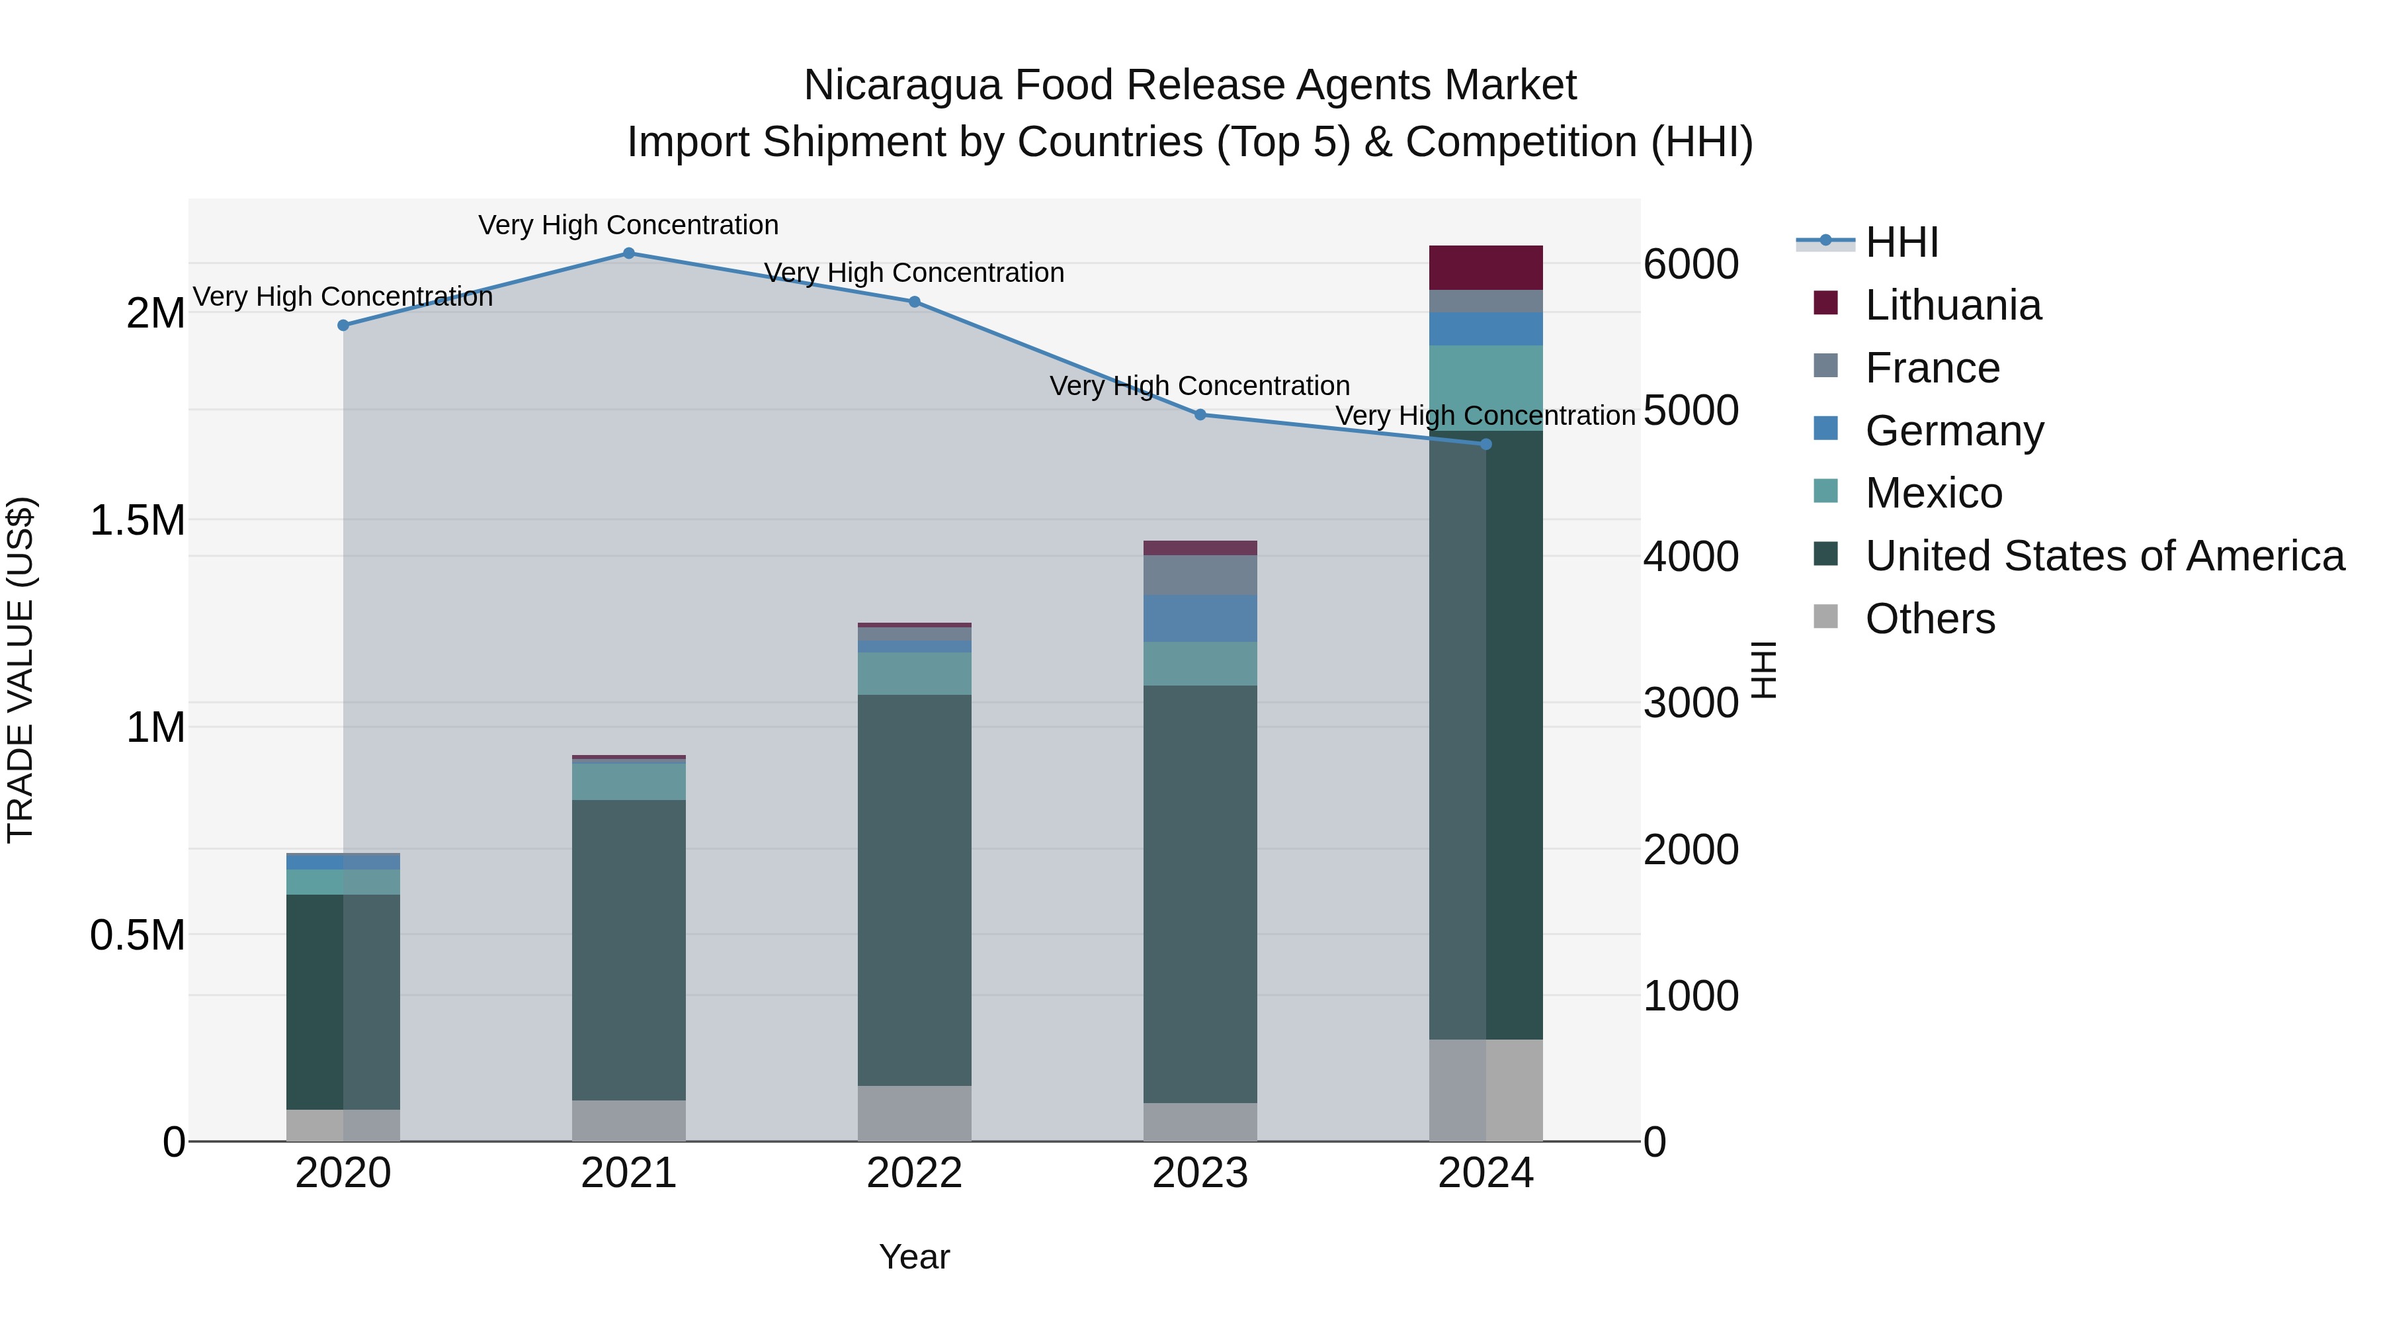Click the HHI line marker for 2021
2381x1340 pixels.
(628, 253)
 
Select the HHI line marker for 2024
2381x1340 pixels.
(1485, 445)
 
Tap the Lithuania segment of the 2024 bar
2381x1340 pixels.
(1485, 267)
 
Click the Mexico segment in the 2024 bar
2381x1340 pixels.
(1485, 388)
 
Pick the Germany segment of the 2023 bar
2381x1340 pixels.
(1200, 618)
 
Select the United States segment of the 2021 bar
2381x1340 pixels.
(628, 950)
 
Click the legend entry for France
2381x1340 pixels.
(1932, 368)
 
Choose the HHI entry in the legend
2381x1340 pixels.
(1901, 242)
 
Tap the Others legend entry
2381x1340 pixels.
(1929, 619)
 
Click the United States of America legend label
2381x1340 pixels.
(2105, 556)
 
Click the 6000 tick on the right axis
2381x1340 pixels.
(1691, 265)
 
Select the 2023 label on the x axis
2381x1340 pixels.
(1200, 1173)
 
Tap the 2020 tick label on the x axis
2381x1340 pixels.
(343, 1173)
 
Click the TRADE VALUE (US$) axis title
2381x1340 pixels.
(21, 670)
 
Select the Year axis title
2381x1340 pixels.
(914, 1257)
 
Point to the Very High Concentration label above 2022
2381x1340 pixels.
(914, 273)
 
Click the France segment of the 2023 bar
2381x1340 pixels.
(1200, 575)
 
